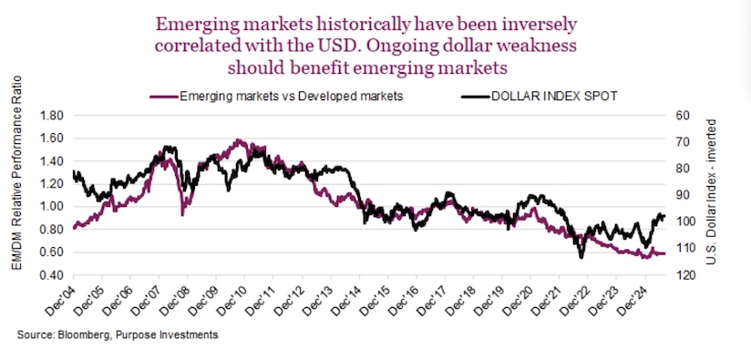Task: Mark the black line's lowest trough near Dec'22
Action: point(581,256)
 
